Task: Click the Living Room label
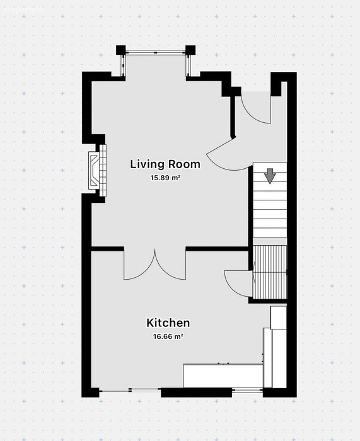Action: (165, 164)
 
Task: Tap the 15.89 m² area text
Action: (166, 178)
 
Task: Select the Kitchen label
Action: (168, 323)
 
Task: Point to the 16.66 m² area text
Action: (168, 336)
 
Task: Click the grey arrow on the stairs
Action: (270, 176)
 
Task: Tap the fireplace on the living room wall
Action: (97, 171)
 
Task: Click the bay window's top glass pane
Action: (155, 52)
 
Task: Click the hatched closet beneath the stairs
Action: (270, 272)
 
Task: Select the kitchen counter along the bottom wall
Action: (223, 375)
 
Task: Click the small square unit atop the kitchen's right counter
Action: (279, 318)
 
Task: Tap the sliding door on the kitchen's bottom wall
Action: (130, 390)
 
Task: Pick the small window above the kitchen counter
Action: (247, 390)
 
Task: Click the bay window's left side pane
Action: (123, 65)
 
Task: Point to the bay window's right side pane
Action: (188, 65)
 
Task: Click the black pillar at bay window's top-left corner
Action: (121, 50)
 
